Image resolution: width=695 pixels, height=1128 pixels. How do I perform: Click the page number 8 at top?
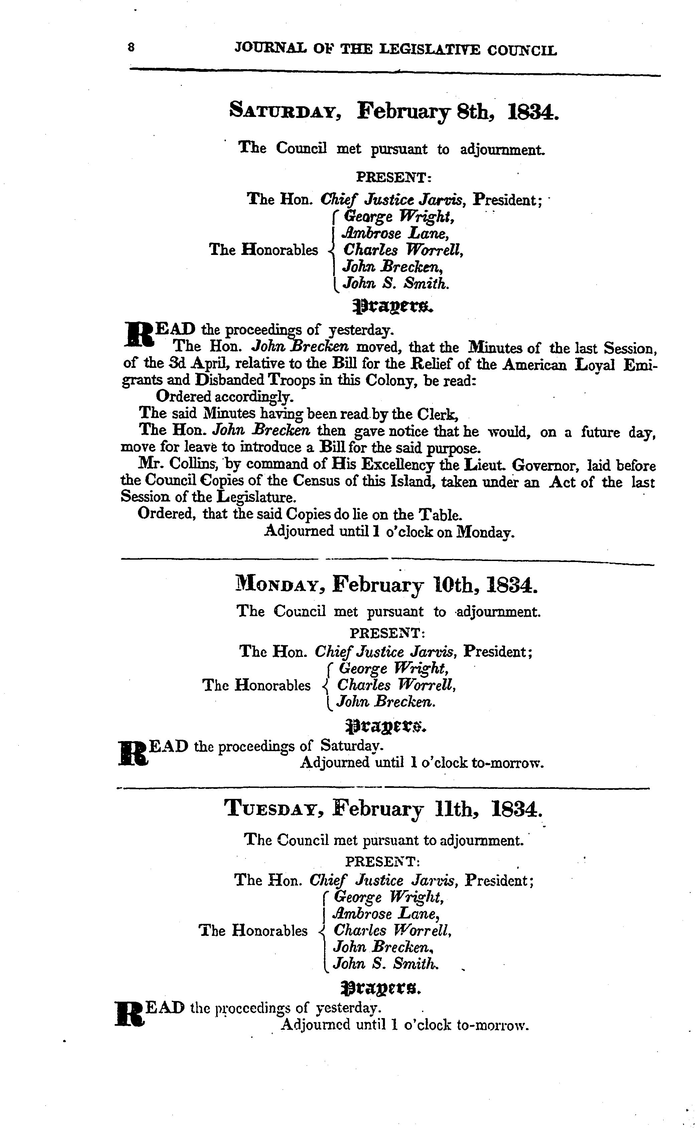pos(131,47)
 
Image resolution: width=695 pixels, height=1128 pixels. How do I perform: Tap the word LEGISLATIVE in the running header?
pos(432,50)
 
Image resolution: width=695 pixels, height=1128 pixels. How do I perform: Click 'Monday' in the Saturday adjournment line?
pos(484,532)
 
